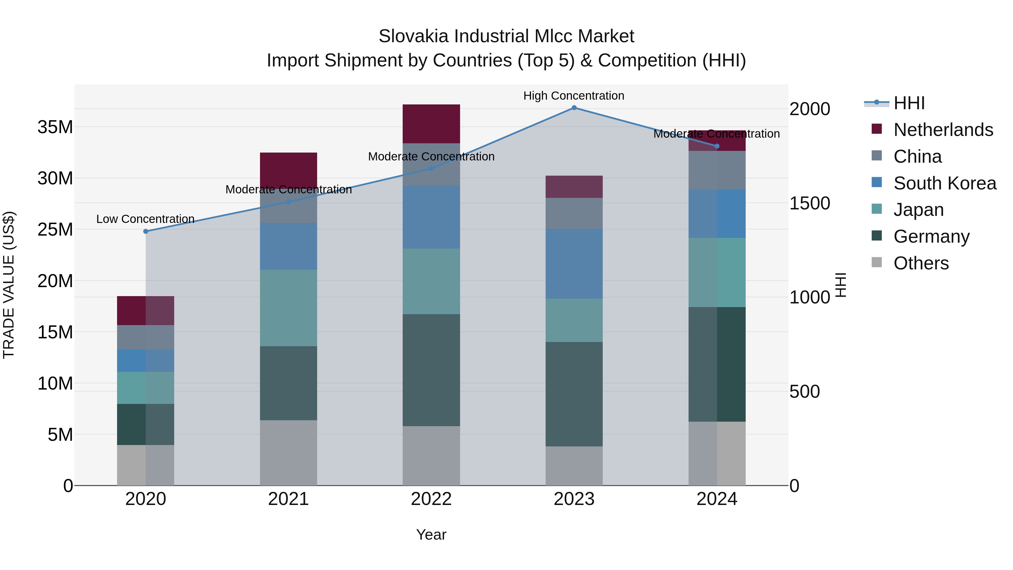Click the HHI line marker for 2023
pyautogui.click(x=574, y=108)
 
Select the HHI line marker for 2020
pyautogui.click(x=145, y=231)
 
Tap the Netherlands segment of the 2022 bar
pyautogui.click(x=431, y=124)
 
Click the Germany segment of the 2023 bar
pyautogui.click(x=574, y=394)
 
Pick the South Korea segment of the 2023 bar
pyautogui.click(x=574, y=263)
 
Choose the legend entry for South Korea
pyautogui.click(x=945, y=183)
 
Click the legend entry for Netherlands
pyautogui.click(x=943, y=130)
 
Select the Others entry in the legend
pyautogui.click(x=921, y=263)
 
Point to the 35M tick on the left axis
pyautogui.click(x=55, y=127)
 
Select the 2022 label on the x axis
pyautogui.click(x=431, y=499)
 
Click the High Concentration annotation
pyautogui.click(x=573, y=96)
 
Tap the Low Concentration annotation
pyautogui.click(x=145, y=219)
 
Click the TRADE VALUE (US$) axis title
pyautogui.click(x=9, y=285)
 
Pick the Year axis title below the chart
pyautogui.click(x=431, y=535)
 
